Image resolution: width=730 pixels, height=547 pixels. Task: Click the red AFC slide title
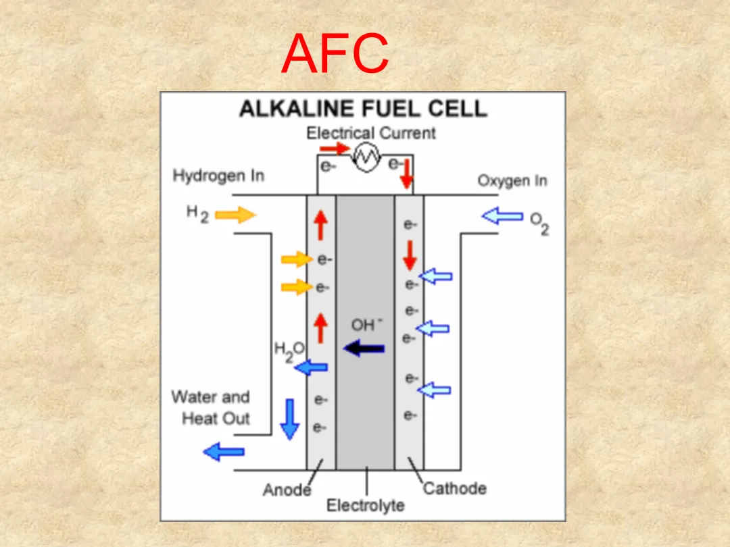[x=335, y=53]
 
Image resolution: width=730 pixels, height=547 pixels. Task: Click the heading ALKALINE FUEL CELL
[x=363, y=109]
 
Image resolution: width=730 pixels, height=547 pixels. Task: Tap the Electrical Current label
[x=371, y=133]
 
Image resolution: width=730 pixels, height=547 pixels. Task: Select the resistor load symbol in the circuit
[x=368, y=159]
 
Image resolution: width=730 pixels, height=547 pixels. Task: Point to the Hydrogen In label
[x=218, y=176]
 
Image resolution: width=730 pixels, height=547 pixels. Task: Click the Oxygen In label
[x=512, y=181]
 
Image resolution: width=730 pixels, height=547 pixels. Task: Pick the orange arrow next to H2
[x=236, y=215]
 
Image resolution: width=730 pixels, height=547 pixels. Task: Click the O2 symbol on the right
[x=539, y=223]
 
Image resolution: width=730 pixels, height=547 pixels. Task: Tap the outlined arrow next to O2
[x=502, y=217]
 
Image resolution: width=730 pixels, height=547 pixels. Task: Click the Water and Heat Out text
[x=212, y=407]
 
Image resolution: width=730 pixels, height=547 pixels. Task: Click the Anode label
[x=287, y=490]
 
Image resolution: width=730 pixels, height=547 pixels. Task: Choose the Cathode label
[x=454, y=488]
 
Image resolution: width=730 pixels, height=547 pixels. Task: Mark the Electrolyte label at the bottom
[x=366, y=505]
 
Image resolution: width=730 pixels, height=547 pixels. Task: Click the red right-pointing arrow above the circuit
[x=333, y=148]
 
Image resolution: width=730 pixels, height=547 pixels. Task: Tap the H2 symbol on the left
[x=197, y=215]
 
